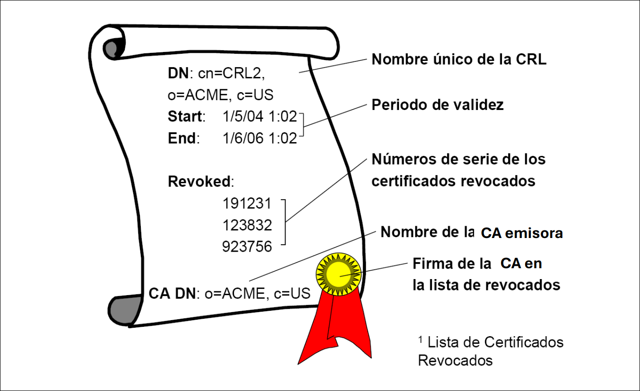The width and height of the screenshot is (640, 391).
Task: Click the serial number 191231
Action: (x=247, y=204)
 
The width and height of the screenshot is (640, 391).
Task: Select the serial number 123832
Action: (x=247, y=225)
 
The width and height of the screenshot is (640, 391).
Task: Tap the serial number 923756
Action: (x=247, y=246)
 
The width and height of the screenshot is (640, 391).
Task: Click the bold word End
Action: (x=182, y=138)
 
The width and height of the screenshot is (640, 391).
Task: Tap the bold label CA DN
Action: (x=172, y=294)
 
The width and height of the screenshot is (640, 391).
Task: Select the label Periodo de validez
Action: (x=438, y=105)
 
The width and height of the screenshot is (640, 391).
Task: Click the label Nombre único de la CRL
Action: (x=459, y=60)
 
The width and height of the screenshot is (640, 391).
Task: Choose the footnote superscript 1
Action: (x=420, y=339)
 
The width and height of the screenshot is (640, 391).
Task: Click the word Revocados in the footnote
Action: (x=455, y=360)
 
